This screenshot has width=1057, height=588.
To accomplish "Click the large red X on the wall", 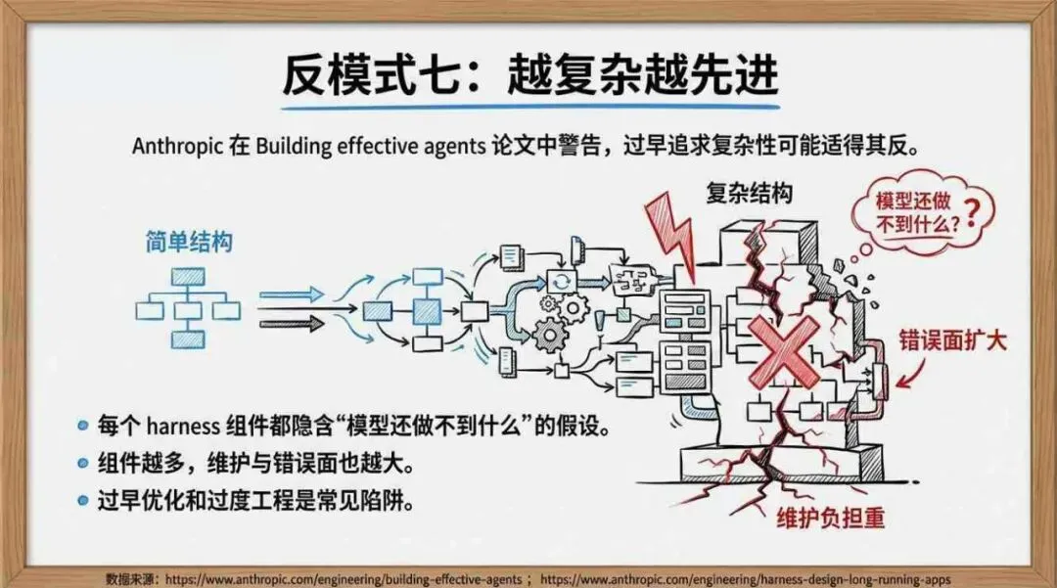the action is coord(783,350).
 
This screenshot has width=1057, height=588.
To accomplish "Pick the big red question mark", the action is coord(972,208).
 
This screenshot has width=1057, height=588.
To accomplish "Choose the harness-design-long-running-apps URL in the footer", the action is coord(744,578).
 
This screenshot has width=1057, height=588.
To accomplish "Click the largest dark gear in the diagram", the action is coord(551,336).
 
